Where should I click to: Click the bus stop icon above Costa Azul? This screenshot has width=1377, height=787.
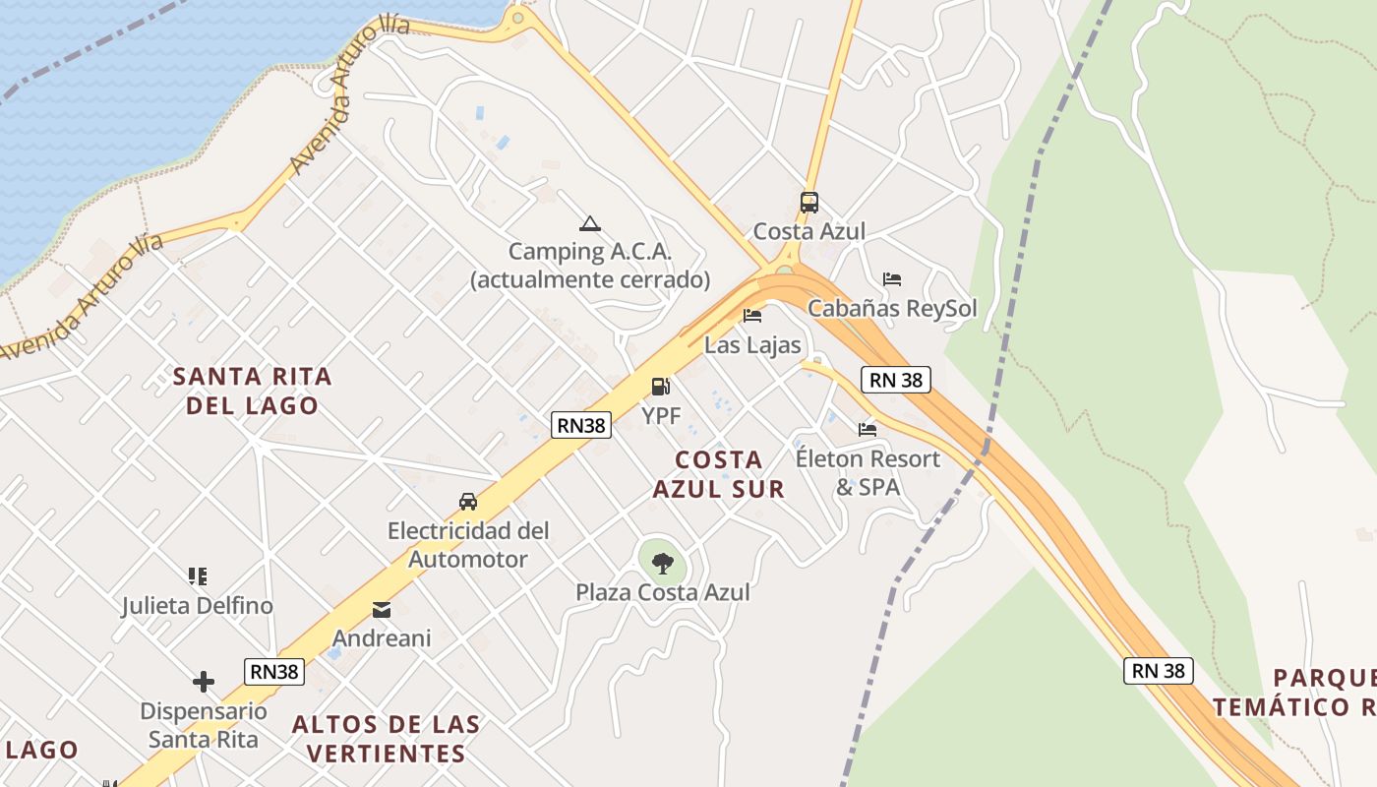808,203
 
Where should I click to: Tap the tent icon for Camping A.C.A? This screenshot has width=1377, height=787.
589,223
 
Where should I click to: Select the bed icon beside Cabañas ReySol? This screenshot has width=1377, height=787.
892,279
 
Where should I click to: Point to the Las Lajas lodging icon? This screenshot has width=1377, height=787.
752,316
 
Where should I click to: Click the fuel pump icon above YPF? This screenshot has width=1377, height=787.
661,387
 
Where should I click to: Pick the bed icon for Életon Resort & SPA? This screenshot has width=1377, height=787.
868,429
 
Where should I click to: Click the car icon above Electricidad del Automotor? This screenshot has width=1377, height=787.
468,502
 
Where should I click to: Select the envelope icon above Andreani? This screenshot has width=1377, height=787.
382,610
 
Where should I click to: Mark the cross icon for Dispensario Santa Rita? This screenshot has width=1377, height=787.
204,681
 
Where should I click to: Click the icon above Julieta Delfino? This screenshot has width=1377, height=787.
198,575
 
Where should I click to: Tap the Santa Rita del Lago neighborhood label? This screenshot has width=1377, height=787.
253,391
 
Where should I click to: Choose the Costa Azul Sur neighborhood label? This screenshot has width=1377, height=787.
719,474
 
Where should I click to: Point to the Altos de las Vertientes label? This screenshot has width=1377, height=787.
387,739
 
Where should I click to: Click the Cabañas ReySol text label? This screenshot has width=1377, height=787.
892,309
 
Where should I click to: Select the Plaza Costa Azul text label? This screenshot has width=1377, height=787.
663,592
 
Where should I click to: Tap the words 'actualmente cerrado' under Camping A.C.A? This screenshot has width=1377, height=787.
590,279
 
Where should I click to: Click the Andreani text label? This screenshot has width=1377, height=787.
382,638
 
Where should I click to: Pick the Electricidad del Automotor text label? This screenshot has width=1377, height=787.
468,545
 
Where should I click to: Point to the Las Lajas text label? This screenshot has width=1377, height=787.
752,345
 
